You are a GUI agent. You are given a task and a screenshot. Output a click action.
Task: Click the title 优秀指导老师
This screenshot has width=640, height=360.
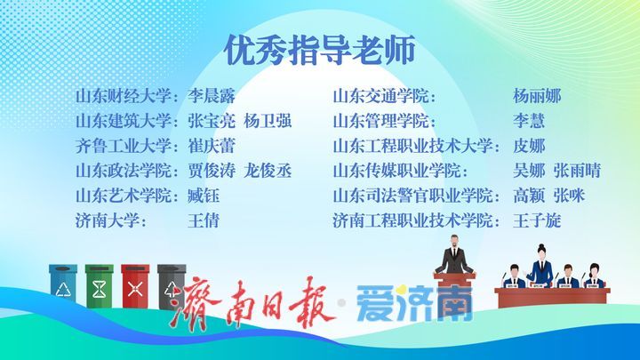(x=320, y=50)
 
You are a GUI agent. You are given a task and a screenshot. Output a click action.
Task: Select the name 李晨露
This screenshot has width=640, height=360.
(x=212, y=96)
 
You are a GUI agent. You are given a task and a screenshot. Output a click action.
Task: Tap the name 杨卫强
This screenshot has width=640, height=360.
(x=268, y=121)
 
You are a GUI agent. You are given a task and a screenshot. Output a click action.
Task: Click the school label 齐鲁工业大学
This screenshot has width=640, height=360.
(x=123, y=146)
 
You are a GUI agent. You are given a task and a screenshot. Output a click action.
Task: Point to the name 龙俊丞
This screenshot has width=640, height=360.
(x=268, y=171)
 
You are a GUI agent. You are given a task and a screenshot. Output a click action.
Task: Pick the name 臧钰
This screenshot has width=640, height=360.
(x=204, y=196)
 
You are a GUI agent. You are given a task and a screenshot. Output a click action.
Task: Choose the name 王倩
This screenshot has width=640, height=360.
(x=204, y=220)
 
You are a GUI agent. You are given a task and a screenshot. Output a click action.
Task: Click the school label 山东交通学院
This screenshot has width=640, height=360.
(x=380, y=96)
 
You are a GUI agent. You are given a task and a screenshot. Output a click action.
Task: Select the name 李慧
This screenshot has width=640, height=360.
(x=529, y=121)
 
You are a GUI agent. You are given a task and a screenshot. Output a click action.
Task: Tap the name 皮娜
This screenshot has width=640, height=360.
(x=529, y=146)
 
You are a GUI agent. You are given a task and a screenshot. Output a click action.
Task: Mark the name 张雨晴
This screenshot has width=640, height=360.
(x=577, y=171)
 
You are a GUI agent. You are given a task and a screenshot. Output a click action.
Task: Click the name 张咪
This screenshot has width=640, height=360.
(x=570, y=196)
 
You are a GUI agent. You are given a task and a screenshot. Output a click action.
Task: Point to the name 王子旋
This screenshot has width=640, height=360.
(x=537, y=220)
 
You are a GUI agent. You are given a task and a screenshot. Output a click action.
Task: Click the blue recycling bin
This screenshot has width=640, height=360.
(x=63, y=284)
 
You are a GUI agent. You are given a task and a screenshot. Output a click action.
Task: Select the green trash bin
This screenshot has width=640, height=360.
(x=100, y=285)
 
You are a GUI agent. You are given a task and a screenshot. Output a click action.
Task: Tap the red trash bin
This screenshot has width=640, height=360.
(x=135, y=285)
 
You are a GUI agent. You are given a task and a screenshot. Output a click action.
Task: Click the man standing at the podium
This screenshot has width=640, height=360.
(x=454, y=255)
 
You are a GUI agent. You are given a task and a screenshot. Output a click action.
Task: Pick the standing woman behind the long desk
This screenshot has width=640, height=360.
(x=541, y=265)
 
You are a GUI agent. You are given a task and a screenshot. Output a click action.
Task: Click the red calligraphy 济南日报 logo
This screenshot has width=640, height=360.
(x=252, y=302)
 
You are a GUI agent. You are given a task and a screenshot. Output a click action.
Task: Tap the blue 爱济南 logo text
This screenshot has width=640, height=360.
(x=414, y=303)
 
